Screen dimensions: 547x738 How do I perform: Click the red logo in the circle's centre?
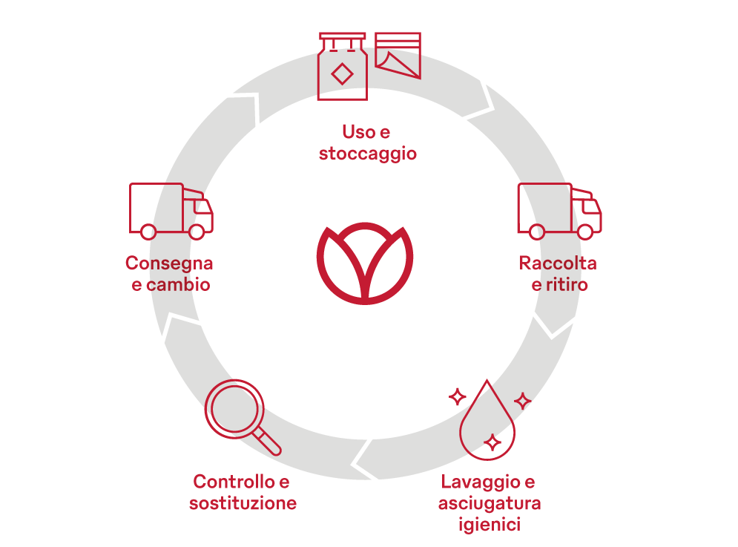click(365, 263)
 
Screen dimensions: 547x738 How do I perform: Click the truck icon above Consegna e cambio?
click(171, 211)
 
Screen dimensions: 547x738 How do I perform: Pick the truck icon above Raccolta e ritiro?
click(559, 211)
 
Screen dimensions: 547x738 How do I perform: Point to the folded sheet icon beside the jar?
click(398, 55)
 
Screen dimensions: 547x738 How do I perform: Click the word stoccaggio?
click(367, 154)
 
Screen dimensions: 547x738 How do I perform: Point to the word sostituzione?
click(243, 504)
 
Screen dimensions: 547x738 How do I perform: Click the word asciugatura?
click(489, 504)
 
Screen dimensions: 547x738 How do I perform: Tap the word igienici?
click(489, 525)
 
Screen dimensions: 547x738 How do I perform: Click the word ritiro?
click(567, 285)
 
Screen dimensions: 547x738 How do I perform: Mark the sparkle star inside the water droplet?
click(491, 443)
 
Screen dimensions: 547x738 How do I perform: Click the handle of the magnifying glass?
click(268, 443)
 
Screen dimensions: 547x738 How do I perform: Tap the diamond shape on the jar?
click(342, 74)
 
